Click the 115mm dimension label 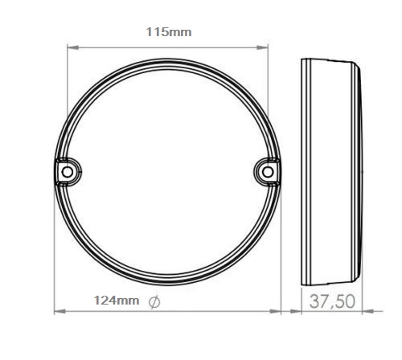[x=168, y=32]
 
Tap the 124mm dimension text [x=115, y=301]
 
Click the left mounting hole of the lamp [x=67, y=171]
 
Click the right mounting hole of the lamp [x=269, y=170]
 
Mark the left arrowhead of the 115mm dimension [x=70, y=47]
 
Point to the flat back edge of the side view [x=301, y=171]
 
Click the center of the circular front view [x=167, y=171]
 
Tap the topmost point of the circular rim [x=167, y=59]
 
